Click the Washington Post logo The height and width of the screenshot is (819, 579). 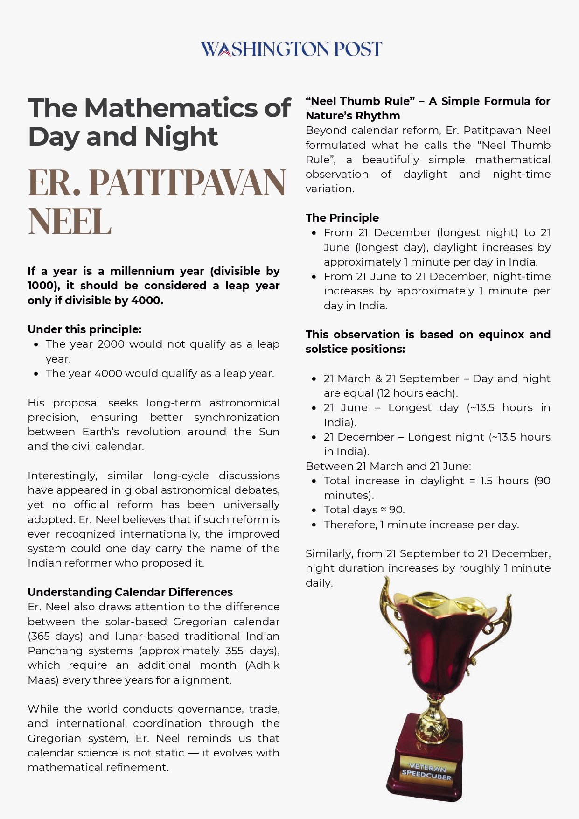[x=291, y=49]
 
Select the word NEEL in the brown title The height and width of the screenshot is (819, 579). [x=70, y=221]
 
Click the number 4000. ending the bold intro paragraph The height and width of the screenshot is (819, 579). [x=147, y=301]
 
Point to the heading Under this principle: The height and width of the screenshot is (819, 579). [x=84, y=329]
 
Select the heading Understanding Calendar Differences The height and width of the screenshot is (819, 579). [x=130, y=592]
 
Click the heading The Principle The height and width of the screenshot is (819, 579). [x=342, y=218]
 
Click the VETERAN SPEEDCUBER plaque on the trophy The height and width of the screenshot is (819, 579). [x=427, y=771]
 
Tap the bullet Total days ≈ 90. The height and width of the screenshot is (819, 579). [x=364, y=510]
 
